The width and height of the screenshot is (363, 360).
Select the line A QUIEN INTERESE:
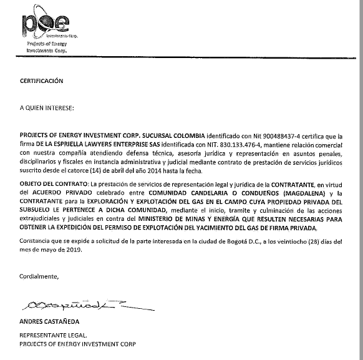click(x=46, y=108)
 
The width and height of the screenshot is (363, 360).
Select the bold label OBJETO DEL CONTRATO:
click(x=54, y=185)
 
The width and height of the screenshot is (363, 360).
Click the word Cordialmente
click(x=39, y=275)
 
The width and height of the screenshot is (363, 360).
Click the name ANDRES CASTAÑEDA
click(x=51, y=322)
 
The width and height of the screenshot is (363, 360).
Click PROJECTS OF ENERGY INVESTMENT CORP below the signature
click(x=77, y=344)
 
